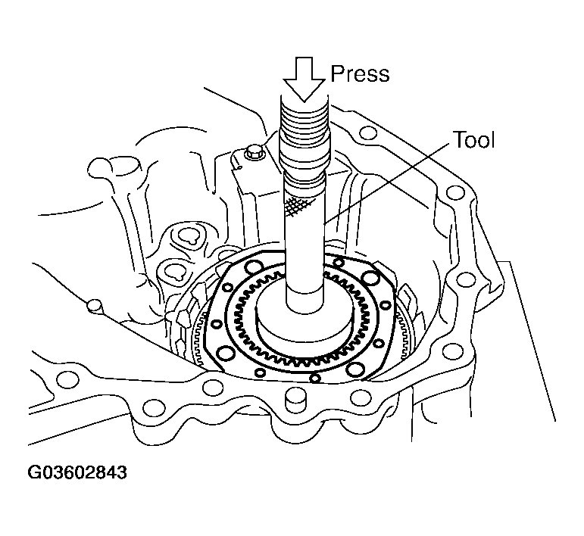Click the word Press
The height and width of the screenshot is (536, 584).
point(360,73)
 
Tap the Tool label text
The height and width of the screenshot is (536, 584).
point(473,140)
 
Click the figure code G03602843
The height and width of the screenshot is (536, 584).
point(77,474)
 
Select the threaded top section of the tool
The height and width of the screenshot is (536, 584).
point(303,129)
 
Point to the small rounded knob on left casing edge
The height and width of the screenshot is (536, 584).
point(94,305)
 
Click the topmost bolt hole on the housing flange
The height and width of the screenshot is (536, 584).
point(368,134)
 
